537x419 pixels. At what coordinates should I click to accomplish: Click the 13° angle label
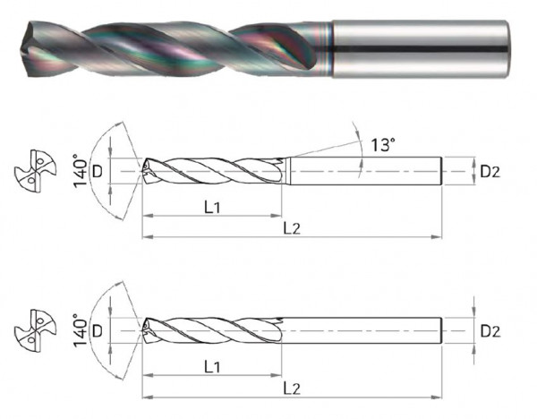(383, 144)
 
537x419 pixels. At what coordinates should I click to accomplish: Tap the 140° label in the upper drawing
(81, 171)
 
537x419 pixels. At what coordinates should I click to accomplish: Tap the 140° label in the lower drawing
(81, 331)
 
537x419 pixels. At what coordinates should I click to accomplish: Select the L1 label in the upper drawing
(212, 208)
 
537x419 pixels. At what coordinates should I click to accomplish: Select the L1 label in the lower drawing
(212, 367)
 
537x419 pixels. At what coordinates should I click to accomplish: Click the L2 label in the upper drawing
(292, 227)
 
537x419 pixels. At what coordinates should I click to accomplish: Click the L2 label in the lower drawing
(292, 389)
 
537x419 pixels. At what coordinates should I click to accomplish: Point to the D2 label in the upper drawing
(490, 171)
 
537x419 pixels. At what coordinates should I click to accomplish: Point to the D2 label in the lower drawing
(490, 331)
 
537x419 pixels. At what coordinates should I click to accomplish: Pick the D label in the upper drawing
(98, 171)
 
